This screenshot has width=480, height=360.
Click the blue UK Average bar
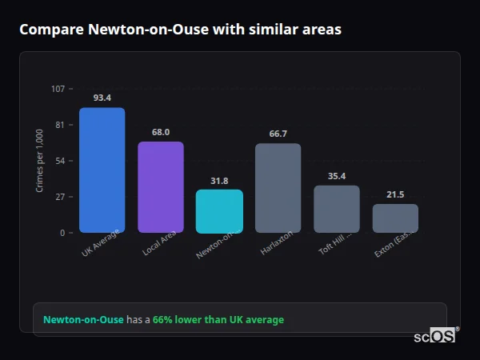point(102,170)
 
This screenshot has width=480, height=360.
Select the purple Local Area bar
point(161,187)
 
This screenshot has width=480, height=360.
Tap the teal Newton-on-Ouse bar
point(219,211)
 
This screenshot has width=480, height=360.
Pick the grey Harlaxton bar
point(278,188)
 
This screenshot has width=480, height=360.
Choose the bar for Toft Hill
point(337,209)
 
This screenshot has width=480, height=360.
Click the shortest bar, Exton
point(395,218)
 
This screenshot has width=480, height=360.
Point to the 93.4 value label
point(102,98)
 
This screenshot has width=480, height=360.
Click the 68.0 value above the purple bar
point(161,132)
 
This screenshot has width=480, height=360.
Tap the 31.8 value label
point(219,181)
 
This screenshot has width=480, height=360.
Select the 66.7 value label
point(278,134)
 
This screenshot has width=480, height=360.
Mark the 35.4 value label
point(337,176)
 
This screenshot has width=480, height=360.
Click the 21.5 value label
point(395,194)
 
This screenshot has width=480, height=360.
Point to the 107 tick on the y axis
point(58,89)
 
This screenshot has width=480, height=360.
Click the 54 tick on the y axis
point(60,161)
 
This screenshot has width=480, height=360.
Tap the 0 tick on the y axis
point(62,233)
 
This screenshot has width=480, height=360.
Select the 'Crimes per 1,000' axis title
point(40,161)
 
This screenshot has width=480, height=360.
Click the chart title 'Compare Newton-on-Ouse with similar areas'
point(180,30)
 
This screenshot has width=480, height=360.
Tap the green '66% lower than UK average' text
point(218,320)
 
